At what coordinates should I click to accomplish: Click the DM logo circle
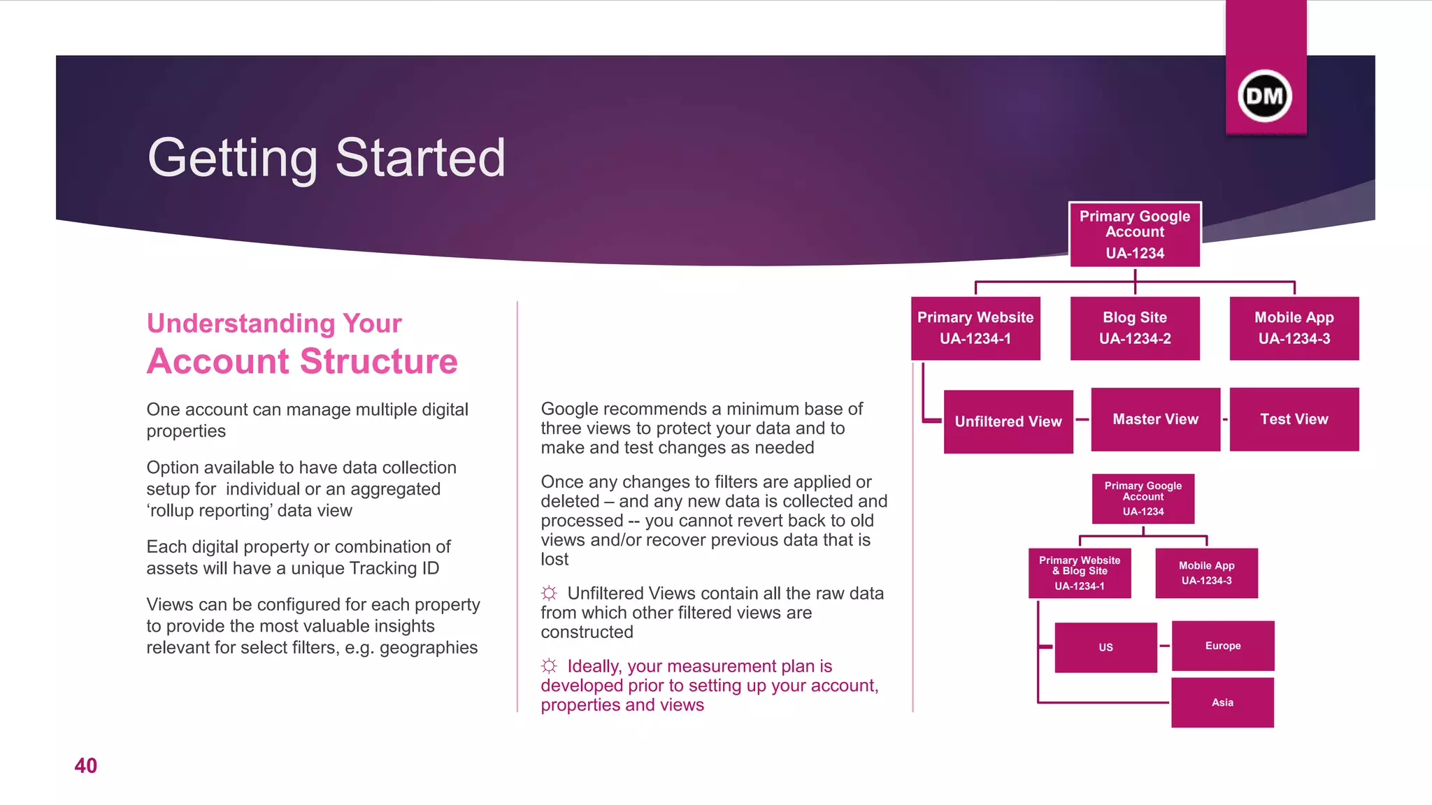(1265, 96)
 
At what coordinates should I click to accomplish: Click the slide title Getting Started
(326, 158)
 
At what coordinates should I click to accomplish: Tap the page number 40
(86, 766)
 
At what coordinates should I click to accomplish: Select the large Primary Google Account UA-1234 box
(1135, 235)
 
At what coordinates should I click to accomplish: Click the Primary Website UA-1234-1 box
(975, 328)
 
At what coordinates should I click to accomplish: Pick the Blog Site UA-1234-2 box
(1135, 328)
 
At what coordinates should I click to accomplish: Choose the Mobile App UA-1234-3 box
(1294, 328)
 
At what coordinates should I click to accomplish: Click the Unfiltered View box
(1008, 421)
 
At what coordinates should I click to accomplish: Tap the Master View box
(1155, 419)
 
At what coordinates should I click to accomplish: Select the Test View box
(1294, 419)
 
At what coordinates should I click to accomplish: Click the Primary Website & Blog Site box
(1080, 573)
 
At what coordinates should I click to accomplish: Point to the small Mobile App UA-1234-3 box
(1206, 573)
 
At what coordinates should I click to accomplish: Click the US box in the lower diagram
(1105, 647)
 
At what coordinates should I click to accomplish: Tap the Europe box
(1223, 646)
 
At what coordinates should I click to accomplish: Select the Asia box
(1222, 702)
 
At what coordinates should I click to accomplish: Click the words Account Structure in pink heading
(302, 362)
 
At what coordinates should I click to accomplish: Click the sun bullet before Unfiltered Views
(549, 593)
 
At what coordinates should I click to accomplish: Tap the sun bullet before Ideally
(549, 666)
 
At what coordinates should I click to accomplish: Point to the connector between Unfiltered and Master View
(1082, 419)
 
